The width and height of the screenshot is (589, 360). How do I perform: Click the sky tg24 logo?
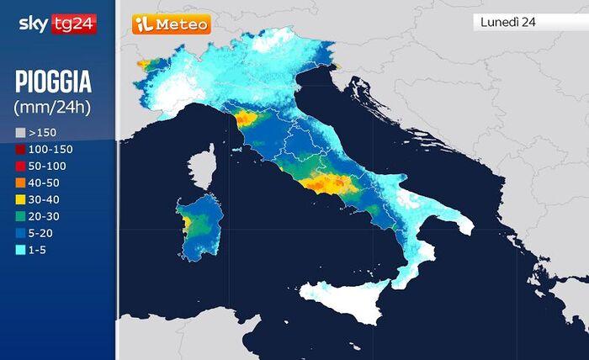click(57, 24)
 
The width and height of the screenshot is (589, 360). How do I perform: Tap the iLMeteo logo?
click(172, 24)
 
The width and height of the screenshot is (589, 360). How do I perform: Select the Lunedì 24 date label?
click(508, 22)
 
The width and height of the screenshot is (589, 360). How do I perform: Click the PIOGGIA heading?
click(53, 83)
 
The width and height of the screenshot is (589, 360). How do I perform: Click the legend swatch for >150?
click(20, 133)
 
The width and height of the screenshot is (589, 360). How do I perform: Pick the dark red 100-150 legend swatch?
click(20, 149)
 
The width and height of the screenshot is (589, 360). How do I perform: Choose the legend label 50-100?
click(47, 166)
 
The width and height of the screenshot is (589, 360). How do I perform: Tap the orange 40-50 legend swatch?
click(20, 183)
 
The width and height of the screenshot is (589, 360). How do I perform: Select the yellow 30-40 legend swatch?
click(20, 199)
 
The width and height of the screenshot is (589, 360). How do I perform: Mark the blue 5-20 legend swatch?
click(20, 233)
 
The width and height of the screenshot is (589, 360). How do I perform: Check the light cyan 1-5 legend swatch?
click(20, 250)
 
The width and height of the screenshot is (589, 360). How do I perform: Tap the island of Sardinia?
click(200, 229)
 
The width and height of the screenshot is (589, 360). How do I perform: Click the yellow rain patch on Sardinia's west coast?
click(186, 223)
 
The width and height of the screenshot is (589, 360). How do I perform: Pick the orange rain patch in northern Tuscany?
click(246, 119)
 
